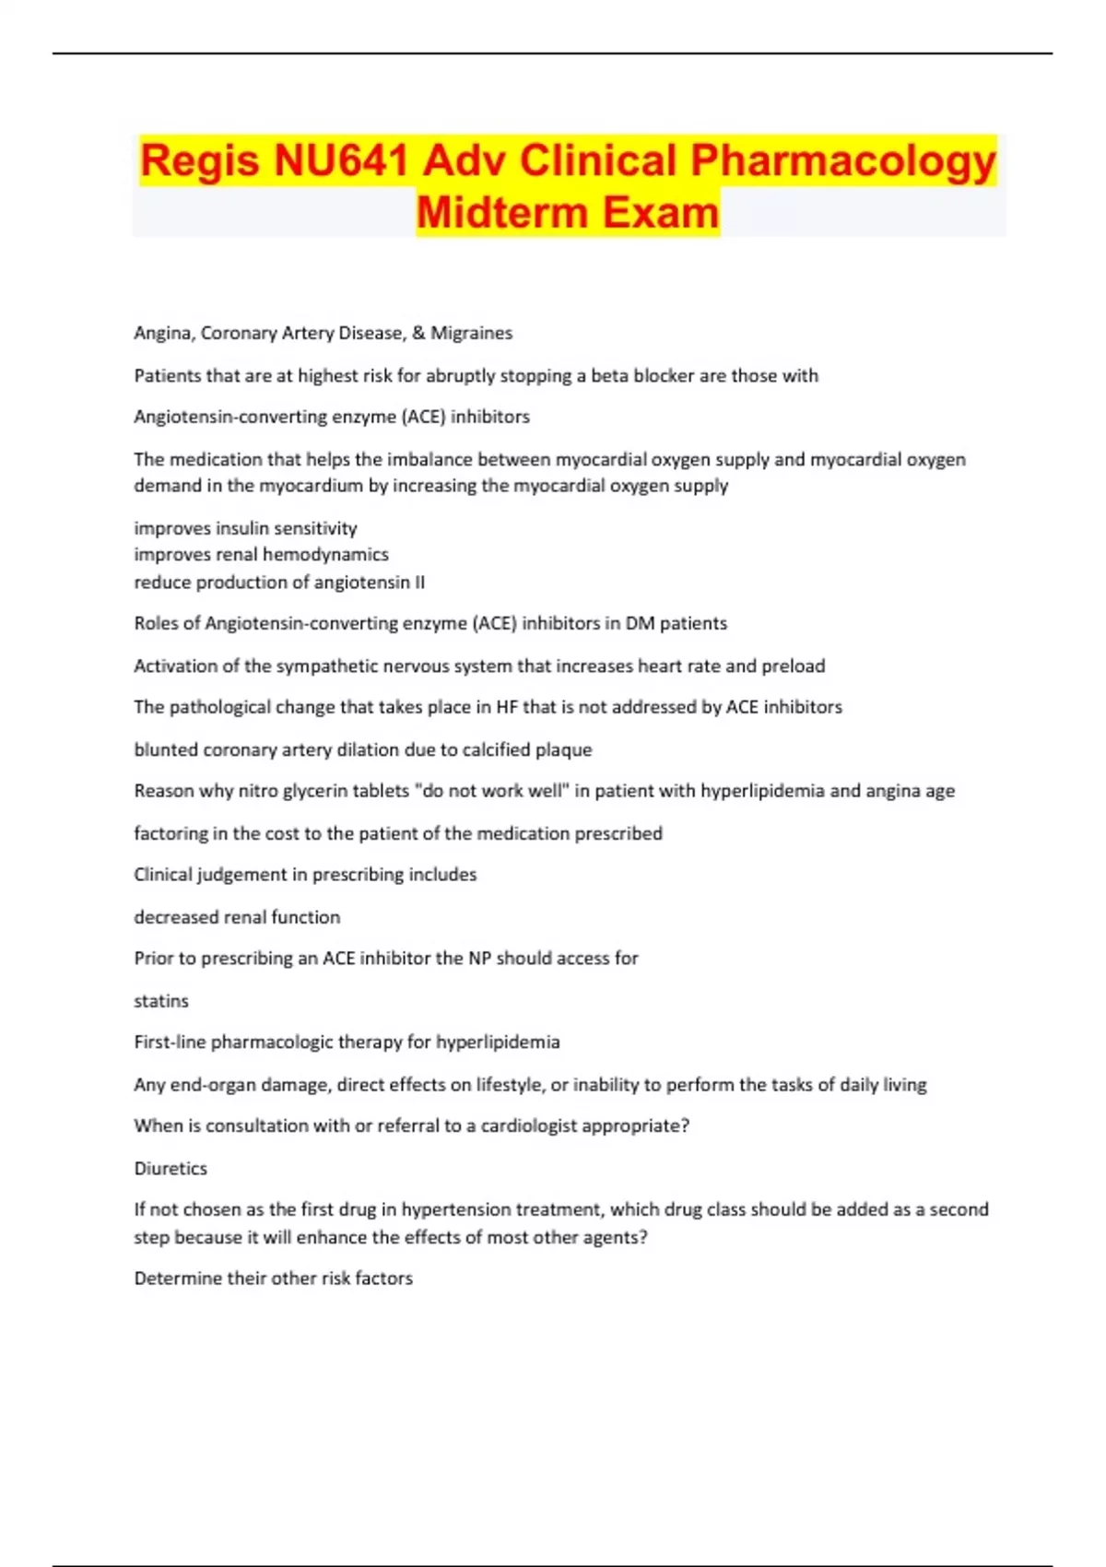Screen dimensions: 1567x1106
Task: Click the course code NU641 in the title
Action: [340, 160]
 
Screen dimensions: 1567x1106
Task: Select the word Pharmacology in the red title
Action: [843, 160]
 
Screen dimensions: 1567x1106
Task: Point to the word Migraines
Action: [472, 333]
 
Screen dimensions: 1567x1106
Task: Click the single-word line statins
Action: [161, 1000]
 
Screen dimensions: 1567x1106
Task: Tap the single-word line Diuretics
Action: [171, 1168]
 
